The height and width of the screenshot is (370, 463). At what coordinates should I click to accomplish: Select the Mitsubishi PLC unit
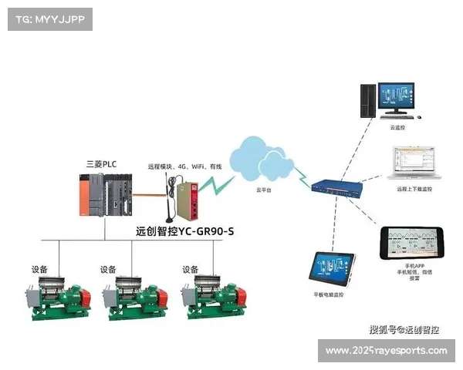[x=105, y=193]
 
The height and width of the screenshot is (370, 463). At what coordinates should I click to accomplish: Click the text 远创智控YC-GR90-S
[x=184, y=230]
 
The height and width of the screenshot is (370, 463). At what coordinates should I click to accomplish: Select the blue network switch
[x=338, y=186]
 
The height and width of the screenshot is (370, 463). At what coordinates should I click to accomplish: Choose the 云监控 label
[x=397, y=127]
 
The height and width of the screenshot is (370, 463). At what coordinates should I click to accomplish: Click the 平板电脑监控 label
[x=329, y=295]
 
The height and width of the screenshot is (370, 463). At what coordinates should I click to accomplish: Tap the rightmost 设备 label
[x=191, y=270]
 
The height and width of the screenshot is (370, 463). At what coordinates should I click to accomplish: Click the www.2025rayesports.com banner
[x=386, y=351]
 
